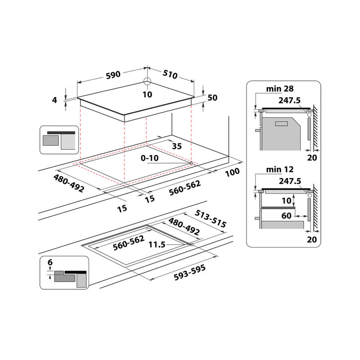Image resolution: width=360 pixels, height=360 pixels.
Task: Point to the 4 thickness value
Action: [55, 100]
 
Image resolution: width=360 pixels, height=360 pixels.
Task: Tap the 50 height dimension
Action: [212, 98]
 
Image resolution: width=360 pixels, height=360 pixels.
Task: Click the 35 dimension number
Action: [177, 146]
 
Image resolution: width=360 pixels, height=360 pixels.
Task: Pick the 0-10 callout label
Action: [149, 158]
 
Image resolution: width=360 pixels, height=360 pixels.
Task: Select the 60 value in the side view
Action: [287, 216]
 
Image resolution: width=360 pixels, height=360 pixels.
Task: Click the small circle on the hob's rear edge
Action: [147, 82]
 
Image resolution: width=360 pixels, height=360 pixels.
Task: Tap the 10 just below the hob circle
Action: [147, 94]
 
